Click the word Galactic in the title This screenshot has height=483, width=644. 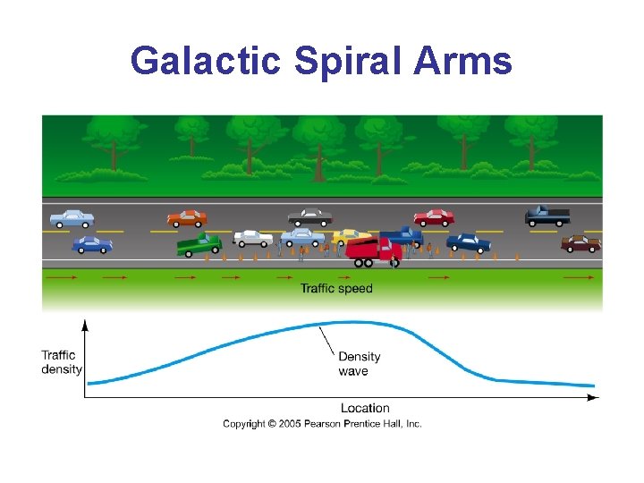[205, 62]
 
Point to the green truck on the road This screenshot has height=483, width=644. [199, 244]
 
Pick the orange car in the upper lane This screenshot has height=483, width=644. [187, 217]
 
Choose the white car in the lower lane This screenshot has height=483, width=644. [253, 238]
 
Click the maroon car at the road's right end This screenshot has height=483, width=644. [580, 242]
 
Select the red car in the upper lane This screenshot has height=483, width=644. [434, 217]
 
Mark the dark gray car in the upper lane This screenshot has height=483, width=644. [309, 217]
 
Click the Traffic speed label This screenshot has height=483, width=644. [336, 288]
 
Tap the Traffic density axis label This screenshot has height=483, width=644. [62, 362]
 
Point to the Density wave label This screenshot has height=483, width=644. [359, 364]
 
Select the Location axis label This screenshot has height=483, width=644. [365, 408]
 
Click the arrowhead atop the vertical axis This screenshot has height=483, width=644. [85, 324]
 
